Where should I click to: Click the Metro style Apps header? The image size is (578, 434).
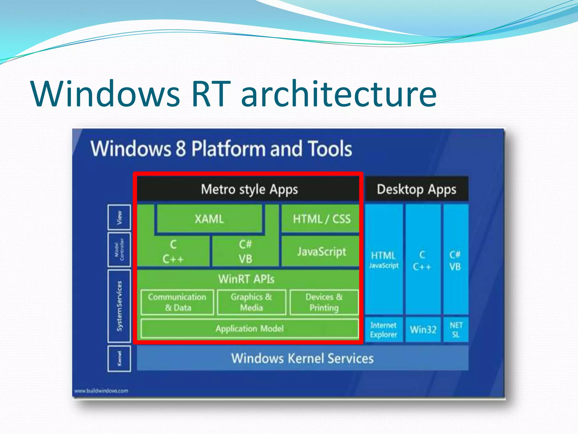(x=249, y=189)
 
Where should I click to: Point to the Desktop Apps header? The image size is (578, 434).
(x=417, y=189)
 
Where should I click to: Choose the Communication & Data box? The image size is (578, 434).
(x=177, y=302)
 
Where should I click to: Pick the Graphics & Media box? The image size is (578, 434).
(x=251, y=302)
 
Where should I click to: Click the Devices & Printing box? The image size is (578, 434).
(x=324, y=302)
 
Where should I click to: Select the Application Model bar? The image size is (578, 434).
(x=249, y=329)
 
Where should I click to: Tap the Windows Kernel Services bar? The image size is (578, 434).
(x=302, y=358)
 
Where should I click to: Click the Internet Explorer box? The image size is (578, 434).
(x=384, y=330)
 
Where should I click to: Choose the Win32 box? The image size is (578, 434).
(x=423, y=330)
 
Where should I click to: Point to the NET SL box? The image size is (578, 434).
(x=456, y=330)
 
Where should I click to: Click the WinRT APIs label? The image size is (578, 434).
(x=246, y=279)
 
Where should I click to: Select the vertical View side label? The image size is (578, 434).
(x=119, y=217)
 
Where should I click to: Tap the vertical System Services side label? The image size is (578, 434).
(x=119, y=306)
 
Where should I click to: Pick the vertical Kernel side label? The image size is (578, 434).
(x=119, y=359)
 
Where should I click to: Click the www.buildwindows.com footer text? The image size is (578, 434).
(x=101, y=391)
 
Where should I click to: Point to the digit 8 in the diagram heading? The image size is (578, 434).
(x=181, y=149)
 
